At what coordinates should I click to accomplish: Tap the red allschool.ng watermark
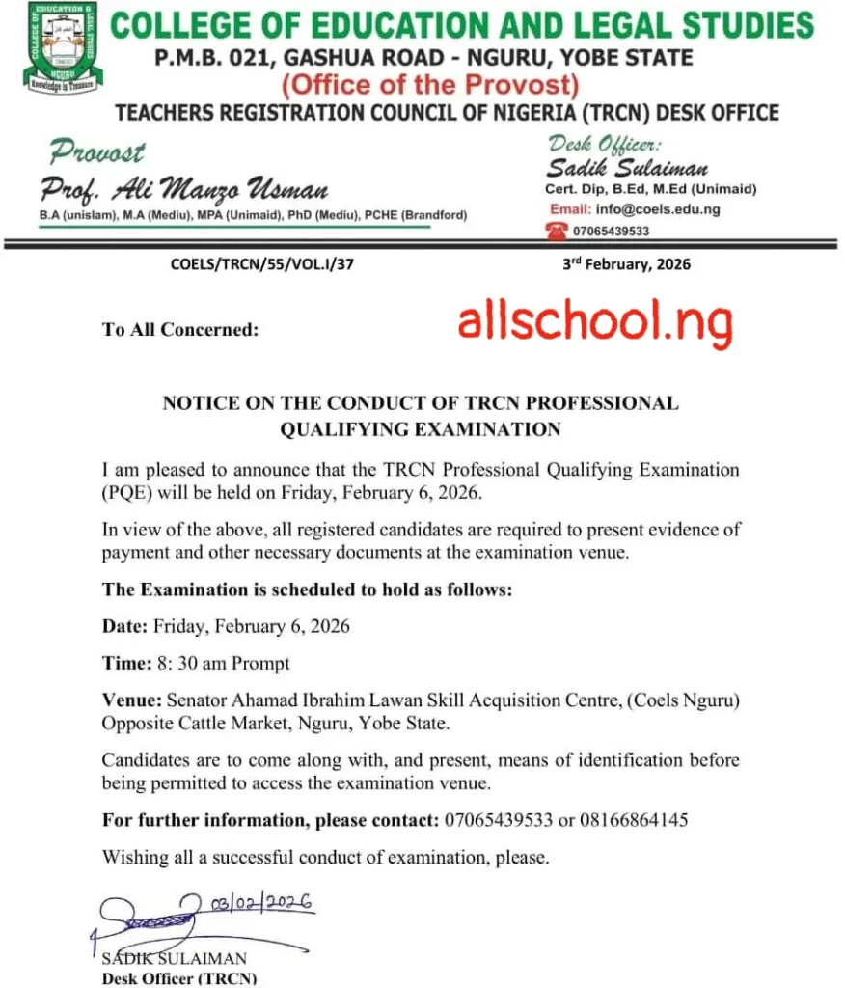click(x=595, y=322)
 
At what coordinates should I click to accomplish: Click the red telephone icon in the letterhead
click(x=557, y=230)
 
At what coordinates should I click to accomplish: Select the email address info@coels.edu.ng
click(x=659, y=209)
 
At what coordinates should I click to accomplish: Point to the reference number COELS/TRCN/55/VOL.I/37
click(x=261, y=264)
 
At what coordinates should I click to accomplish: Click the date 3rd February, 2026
click(x=626, y=263)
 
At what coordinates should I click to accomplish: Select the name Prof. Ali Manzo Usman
click(x=184, y=188)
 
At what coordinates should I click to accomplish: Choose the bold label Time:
click(x=126, y=664)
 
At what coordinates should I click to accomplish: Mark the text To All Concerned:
click(x=180, y=330)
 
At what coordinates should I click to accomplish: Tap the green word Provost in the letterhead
click(x=97, y=151)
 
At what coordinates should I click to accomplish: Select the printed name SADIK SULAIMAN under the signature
click(x=175, y=959)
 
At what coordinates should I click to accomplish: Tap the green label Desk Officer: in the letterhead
click(x=604, y=145)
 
